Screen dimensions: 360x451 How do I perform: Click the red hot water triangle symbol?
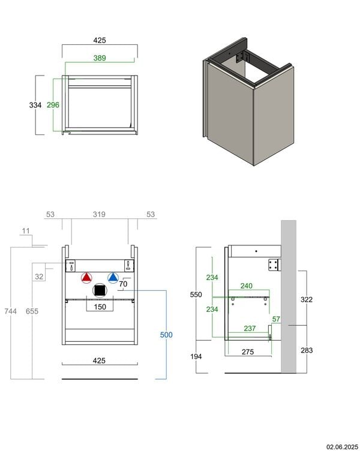pos(86,278)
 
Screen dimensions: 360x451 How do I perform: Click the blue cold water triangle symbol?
pos(113,278)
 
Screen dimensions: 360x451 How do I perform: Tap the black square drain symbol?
pos(100,290)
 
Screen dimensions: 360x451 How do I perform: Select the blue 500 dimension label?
pos(166,335)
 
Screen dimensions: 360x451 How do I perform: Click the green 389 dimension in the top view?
pos(100,58)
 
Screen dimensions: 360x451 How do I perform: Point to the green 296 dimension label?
pos(53,105)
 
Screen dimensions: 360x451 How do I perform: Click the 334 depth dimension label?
pos(35,106)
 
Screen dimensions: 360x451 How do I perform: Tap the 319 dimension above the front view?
pos(99,214)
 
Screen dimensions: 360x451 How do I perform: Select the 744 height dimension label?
pos(10,311)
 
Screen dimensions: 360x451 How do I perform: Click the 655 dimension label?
pos(32,311)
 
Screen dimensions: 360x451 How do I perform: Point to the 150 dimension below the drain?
pos(100,307)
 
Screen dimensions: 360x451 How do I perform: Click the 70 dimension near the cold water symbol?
pos(123,284)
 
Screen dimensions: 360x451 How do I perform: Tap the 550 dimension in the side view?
pos(196,294)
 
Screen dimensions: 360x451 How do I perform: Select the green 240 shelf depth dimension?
pos(247,286)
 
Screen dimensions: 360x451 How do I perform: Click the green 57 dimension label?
pos(276,319)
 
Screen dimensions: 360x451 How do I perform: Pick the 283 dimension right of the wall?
pos(307,350)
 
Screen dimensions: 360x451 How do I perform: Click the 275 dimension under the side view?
pos(248,352)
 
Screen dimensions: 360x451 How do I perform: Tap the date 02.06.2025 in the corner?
pos(342,447)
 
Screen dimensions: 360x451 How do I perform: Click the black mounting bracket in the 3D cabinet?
pos(242,57)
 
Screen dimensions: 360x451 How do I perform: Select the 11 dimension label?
pos(26,231)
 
